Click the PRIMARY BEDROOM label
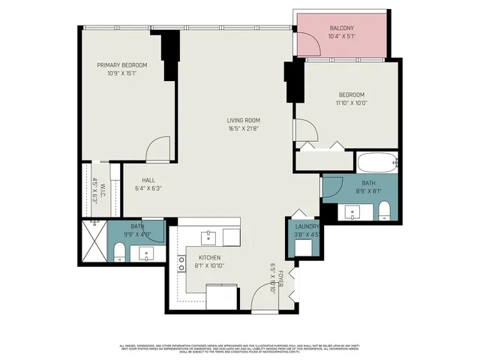122,65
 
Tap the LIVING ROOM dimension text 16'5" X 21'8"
244,128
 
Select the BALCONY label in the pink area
342,28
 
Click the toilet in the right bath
384,210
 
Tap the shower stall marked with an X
94,241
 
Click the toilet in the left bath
119,251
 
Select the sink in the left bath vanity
145,253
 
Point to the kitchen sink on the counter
209,238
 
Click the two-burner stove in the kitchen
181,263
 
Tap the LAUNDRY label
307,226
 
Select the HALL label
148,180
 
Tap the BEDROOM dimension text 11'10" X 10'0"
351,103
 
